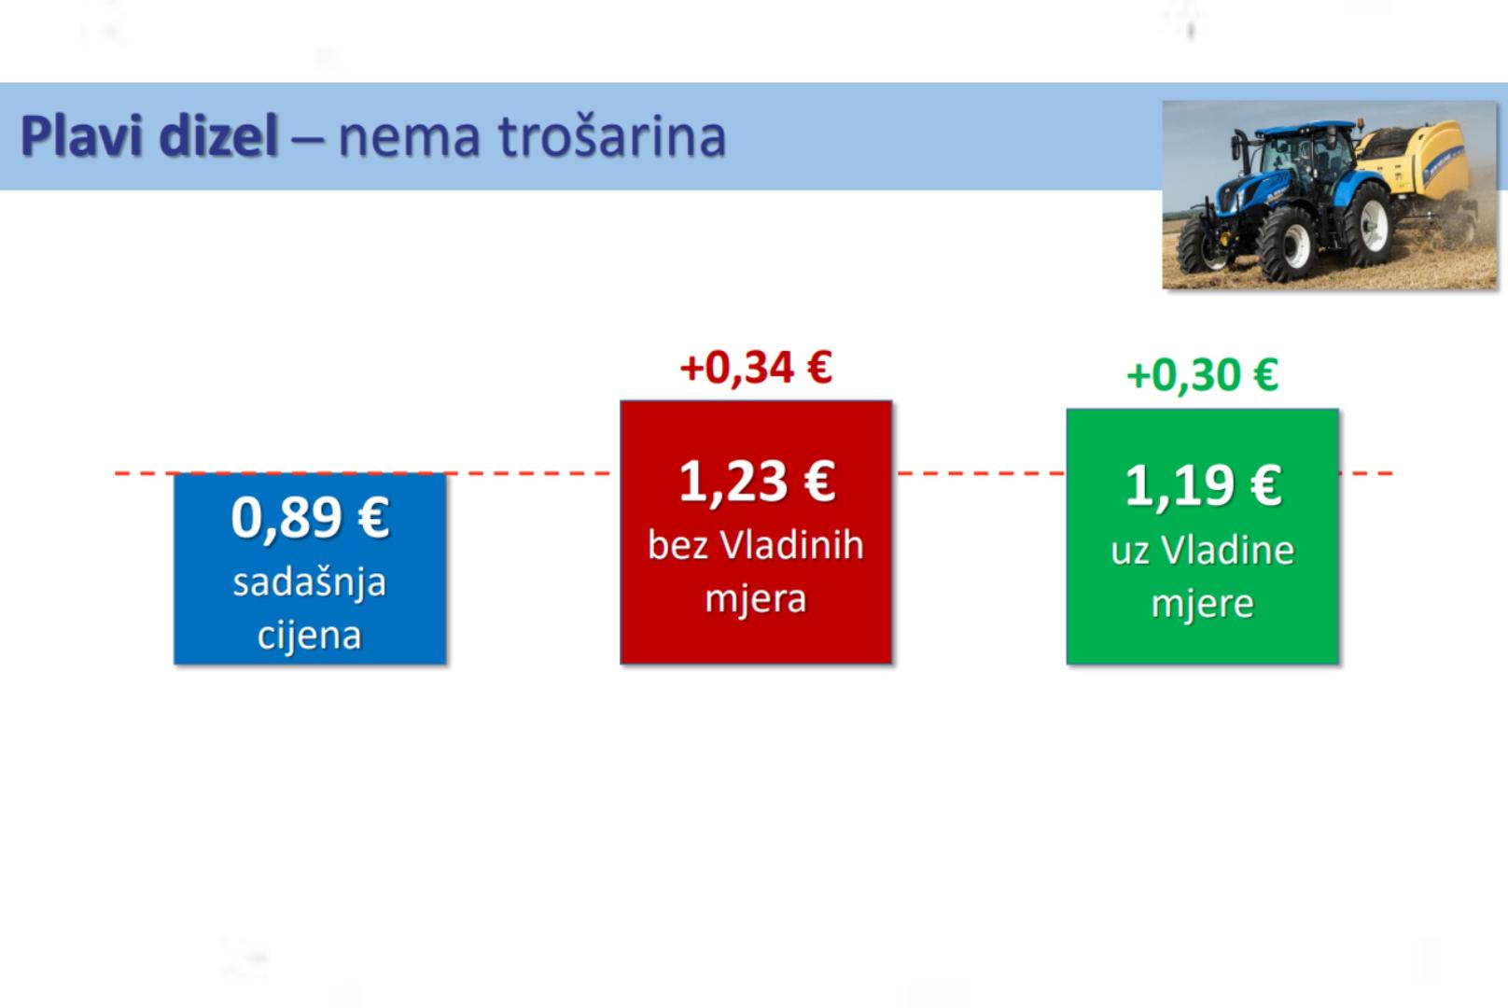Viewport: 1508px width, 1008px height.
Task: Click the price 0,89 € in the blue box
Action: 310,518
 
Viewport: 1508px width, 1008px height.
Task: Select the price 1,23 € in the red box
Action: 756,483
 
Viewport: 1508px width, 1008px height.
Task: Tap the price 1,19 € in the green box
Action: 1202,486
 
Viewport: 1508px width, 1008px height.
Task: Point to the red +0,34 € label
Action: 756,367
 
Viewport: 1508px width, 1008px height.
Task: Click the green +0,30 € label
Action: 1202,374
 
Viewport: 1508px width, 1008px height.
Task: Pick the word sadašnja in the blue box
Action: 309,583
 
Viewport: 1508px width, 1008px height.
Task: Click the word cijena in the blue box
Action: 309,636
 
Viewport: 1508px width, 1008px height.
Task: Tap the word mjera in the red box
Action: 755,598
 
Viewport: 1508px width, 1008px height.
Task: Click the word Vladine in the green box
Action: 1228,551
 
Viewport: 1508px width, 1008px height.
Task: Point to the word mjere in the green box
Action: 1202,604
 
